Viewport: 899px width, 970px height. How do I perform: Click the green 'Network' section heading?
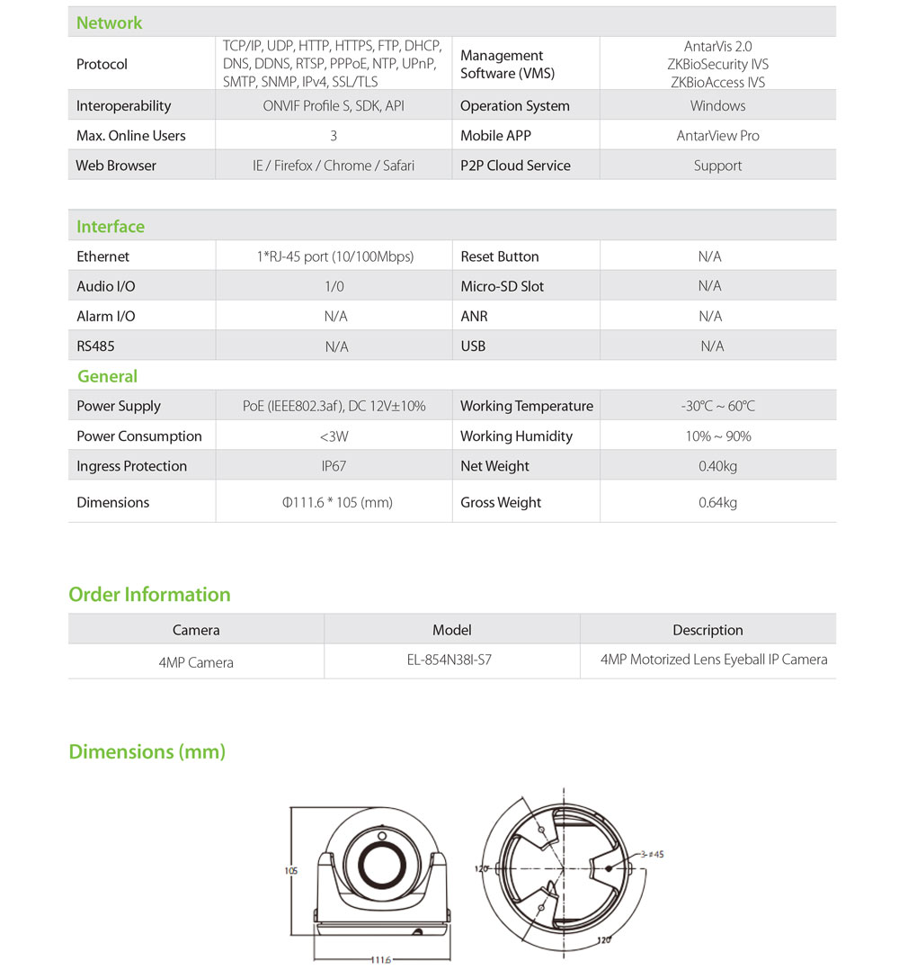[x=109, y=22]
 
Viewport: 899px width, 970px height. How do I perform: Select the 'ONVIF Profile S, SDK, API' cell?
[x=333, y=105]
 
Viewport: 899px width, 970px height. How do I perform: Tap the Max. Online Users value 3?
[x=334, y=136]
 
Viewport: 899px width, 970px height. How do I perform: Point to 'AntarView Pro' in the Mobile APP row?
[x=717, y=136]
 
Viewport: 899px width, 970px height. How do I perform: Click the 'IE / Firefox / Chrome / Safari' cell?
[x=334, y=166]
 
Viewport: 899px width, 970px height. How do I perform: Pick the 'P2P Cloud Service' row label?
[x=515, y=166]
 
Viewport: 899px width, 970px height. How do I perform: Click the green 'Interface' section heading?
[x=111, y=227]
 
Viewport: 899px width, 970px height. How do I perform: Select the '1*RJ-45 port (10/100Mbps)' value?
[x=334, y=256]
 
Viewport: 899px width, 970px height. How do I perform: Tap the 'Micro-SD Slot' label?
[x=502, y=286]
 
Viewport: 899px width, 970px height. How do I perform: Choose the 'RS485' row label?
[x=95, y=346]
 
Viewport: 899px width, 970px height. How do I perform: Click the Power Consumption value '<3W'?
[x=334, y=436]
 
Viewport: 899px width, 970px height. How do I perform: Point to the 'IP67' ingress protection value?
[x=334, y=466]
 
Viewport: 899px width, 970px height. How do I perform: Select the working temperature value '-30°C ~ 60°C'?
[x=717, y=406]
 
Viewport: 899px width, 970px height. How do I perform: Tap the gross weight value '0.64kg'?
[x=717, y=502]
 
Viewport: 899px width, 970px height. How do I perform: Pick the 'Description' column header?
[x=708, y=630]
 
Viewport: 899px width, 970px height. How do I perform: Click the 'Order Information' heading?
[x=149, y=595]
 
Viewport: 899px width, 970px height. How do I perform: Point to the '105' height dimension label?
[x=290, y=871]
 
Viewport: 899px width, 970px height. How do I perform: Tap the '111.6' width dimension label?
[x=381, y=960]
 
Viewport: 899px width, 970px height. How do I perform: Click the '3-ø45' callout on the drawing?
[x=653, y=854]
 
